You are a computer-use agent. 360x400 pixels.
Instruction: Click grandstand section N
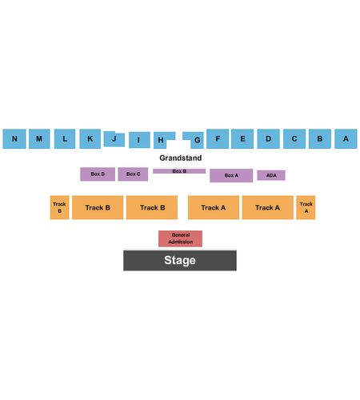pyautogui.click(x=14, y=138)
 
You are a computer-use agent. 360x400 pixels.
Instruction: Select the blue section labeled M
pyautogui.click(x=39, y=138)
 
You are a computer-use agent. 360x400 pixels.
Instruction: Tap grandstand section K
pyautogui.click(x=90, y=138)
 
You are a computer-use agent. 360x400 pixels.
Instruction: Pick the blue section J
pyautogui.click(x=114, y=139)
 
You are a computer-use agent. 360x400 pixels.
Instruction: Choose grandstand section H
pyautogui.click(x=161, y=140)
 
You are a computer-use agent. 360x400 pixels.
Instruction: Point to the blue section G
pyautogui.click(x=197, y=140)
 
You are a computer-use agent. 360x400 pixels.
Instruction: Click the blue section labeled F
pyautogui.click(x=218, y=138)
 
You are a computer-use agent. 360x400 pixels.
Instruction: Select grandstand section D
pyautogui.click(x=268, y=138)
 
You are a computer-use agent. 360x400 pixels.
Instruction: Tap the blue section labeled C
pyautogui.click(x=294, y=138)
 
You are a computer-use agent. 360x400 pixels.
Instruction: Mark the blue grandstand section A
pyautogui.click(x=346, y=138)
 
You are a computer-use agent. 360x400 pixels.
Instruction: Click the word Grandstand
pyautogui.click(x=181, y=158)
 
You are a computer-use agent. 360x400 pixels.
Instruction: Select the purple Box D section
pyautogui.click(x=98, y=174)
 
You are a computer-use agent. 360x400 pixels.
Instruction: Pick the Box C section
pyautogui.click(x=133, y=174)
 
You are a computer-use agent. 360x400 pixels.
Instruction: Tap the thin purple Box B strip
pyautogui.click(x=179, y=171)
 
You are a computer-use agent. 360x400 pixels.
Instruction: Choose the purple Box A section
pyautogui.click(x=231, y=175)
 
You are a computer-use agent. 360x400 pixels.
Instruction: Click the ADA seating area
pyautogui.click(x=271, y=175)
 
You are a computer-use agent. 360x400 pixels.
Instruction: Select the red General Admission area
pyautogui.click(x=180, y=238)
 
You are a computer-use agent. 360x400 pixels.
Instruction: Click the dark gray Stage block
pyautogui.click(x=180, y=260)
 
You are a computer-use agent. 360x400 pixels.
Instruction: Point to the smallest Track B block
pyautogui.click(x=59, y=207)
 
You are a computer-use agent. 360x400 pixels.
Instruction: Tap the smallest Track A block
pyautogui.click(x=306, y=207)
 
